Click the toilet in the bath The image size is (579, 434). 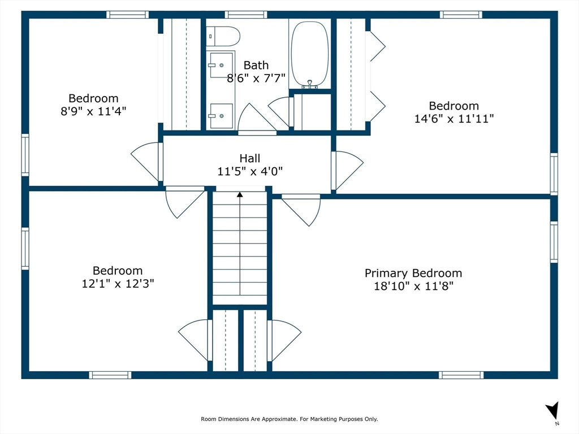coord(223,36)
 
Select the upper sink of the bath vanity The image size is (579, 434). coord(222,65)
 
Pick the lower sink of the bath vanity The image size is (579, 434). coord(222,116)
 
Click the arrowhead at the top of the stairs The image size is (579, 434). coord(240,194)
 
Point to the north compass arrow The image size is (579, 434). coord(553,410)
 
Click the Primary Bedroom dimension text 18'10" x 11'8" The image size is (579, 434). coord(413,286)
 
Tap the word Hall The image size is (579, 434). coord(249,158)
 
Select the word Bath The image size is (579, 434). coord(256,66)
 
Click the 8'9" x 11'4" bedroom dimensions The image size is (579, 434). coord(93,111)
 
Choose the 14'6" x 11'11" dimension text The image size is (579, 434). coord(454,119)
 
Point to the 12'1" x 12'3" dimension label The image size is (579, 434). coord(118,284)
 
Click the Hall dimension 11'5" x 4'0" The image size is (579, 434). coord(250,171)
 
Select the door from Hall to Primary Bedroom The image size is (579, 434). coord(301,210)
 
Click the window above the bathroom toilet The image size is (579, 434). coord(246,15)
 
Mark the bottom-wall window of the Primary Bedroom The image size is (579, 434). coord(461,375)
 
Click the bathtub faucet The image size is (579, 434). coord(310,85)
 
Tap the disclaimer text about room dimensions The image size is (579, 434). coord(289,419)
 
